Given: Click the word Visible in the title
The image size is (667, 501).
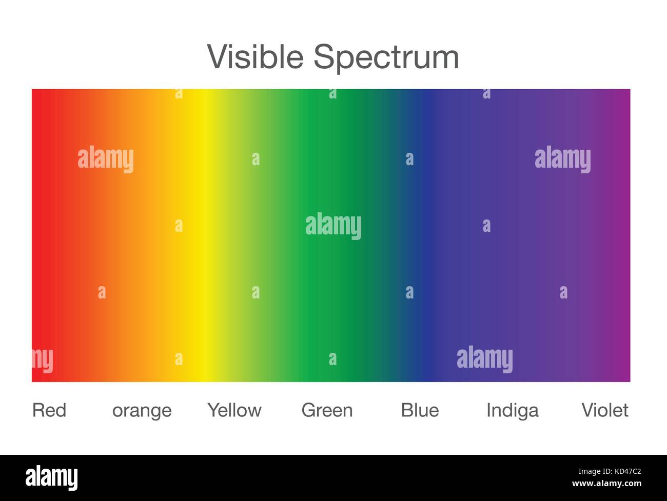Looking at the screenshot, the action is point(255,56).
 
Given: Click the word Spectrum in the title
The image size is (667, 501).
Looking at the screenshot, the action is point(386,58).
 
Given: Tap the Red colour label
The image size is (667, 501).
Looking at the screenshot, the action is point(49,410).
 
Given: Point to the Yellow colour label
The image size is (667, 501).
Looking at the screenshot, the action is point(234,410).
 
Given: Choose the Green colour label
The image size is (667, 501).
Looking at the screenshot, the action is point(327,410).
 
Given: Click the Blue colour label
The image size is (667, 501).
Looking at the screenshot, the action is point(420,410).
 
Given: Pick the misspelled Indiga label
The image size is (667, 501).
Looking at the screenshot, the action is point(513,411).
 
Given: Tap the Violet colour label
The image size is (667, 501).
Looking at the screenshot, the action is point(605,410).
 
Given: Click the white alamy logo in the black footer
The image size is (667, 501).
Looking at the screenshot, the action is point(52,478).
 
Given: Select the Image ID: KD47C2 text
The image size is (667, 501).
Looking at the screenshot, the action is point(610,471).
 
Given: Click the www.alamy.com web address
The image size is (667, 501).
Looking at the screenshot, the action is point(606,484).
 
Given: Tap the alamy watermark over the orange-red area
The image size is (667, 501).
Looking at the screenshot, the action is point(106,159).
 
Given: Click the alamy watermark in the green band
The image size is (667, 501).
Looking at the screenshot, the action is point(333,227).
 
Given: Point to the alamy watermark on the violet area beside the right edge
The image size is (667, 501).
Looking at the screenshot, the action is point(563,159).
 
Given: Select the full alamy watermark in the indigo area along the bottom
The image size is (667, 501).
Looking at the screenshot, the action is point(485,359).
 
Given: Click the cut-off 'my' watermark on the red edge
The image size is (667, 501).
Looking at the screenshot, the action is point(43,360).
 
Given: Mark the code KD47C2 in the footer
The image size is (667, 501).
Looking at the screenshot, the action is point(628,471).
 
